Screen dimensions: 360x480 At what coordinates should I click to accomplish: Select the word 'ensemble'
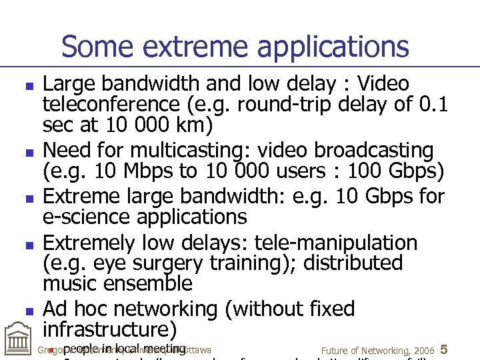pos(143,284)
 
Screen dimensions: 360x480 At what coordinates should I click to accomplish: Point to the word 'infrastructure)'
pos(110,330)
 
